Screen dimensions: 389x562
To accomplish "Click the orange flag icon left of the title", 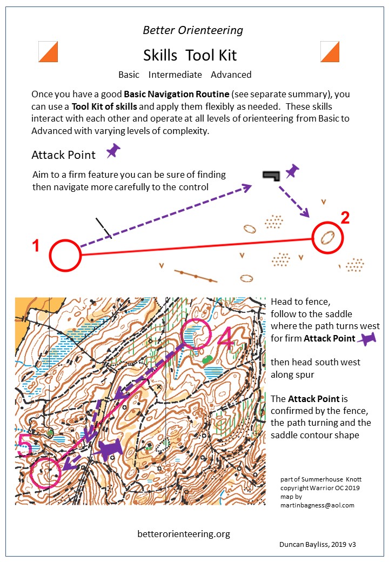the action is point(48,52).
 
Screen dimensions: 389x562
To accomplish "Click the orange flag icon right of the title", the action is point(330,52).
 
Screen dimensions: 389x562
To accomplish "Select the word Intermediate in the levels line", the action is point(175,75).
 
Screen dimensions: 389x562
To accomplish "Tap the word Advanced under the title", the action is point(231,75).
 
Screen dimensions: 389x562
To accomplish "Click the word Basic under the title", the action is point(129,75).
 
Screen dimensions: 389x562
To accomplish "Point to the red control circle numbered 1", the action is point(50,255).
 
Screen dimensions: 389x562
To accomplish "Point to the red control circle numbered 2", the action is point(313,238).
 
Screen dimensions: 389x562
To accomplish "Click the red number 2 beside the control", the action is point(345,218).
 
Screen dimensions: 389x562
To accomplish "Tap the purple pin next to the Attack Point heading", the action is point(113,151).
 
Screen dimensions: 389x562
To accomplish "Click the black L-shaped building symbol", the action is point(271,176).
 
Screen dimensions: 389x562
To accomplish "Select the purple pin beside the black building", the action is point(292,171).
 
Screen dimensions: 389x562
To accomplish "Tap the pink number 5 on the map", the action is point(25,445).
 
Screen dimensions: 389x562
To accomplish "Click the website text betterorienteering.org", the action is point(184,534).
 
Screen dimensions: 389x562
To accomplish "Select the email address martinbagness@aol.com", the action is point(317,505).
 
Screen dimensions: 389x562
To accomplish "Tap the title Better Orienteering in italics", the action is point(193,30).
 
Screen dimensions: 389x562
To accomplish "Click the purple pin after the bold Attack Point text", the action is point(367,338).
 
